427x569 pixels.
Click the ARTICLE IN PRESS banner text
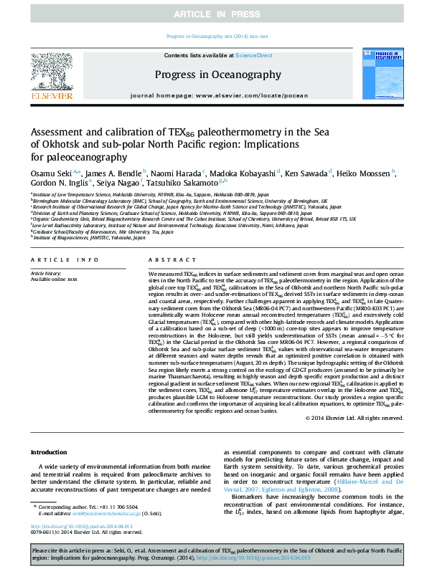pyautogui.click(x=213, y=14)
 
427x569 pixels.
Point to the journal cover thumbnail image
pyautogui.click(x=374, y=76)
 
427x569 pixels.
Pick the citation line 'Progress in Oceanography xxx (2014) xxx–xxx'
pyautogui.click(x=217, y=35)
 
